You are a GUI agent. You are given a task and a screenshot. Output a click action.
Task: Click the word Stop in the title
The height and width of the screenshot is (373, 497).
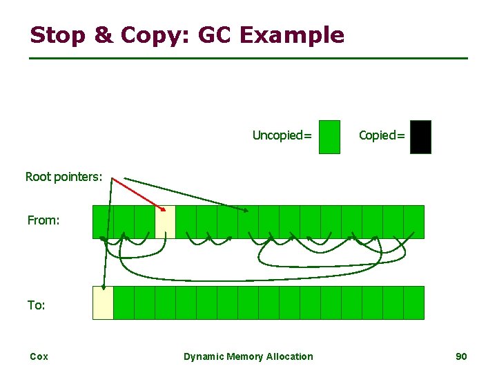coord(57,35)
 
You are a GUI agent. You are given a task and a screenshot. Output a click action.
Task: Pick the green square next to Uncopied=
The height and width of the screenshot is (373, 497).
coord(330,137)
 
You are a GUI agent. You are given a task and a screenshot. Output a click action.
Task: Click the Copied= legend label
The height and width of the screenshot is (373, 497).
coord(382,135)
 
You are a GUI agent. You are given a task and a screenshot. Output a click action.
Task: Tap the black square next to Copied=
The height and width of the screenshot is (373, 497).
coord(420,137)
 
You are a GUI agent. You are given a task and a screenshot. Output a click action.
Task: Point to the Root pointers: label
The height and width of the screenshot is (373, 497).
coord(64,177)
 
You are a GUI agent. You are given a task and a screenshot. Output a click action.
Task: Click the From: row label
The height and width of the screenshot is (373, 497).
coord(43,221)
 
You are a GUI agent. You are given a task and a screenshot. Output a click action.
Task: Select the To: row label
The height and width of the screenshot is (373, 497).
coord(37,305)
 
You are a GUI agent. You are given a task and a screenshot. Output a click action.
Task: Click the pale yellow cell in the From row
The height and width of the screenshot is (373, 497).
coord(166,222)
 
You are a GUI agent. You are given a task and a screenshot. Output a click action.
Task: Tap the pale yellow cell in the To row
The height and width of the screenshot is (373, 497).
coord(103,303)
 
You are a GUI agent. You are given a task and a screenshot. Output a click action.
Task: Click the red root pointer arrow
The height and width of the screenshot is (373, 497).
coord(138,193)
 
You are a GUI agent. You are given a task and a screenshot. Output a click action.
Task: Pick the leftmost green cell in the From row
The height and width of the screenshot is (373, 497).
coord(103,222)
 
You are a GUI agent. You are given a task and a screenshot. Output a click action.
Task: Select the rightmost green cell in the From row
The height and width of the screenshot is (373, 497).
coord(413,222)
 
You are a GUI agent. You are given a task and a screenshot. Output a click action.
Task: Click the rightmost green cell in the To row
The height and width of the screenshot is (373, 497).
coord(413,303)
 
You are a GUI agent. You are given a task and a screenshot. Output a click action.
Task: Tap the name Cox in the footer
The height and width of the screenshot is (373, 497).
coord(39,356)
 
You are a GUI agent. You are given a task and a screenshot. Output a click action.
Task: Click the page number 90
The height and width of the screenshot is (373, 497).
coord(461,356)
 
